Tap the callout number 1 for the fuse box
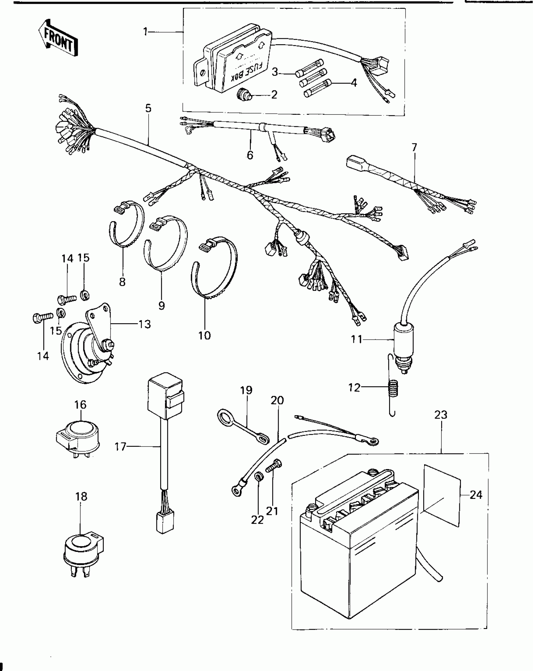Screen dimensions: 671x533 coord(145,31)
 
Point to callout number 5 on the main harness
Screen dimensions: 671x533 coord(148,108)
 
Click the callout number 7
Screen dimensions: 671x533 coord(414,148)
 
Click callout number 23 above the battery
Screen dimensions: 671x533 coord(441,415)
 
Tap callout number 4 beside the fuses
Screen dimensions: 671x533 coord(354,83)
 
